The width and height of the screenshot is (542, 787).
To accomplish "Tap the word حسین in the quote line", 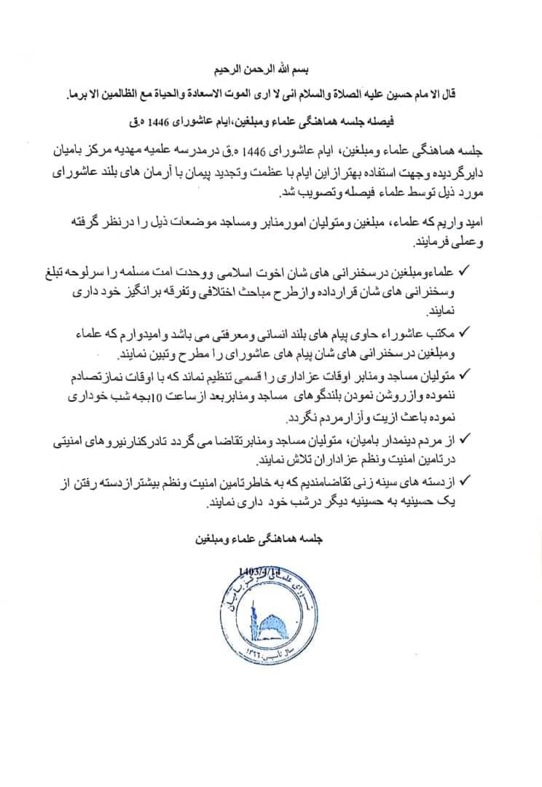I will coord(418,94).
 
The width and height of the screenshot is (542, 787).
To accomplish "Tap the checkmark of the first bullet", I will coord(467,271).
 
